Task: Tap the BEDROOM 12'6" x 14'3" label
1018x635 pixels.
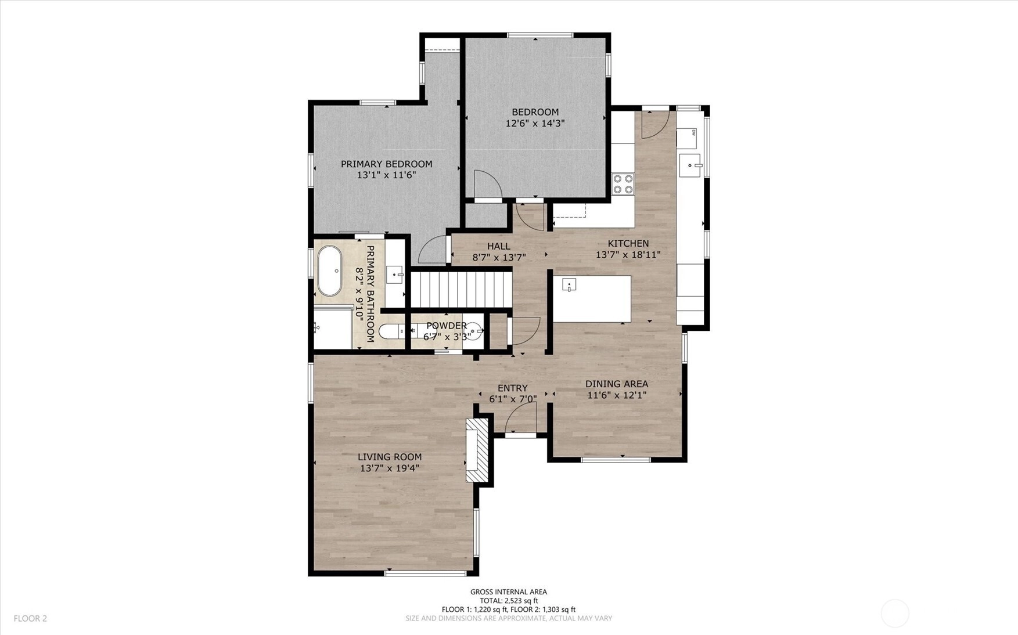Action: coord(535,117)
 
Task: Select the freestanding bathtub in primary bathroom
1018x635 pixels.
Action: coord(330,271)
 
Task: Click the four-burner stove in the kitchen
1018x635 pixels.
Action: coord(623,184)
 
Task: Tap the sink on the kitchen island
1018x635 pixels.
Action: coord(569,284)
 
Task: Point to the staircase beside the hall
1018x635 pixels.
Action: coord(461,290)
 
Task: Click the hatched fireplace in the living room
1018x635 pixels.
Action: coord(477,450)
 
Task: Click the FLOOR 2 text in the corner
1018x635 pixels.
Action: coord(30,619)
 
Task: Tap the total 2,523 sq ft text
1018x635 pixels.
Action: coord(509,601)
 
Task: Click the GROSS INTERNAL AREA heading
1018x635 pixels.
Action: coord(509,592)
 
